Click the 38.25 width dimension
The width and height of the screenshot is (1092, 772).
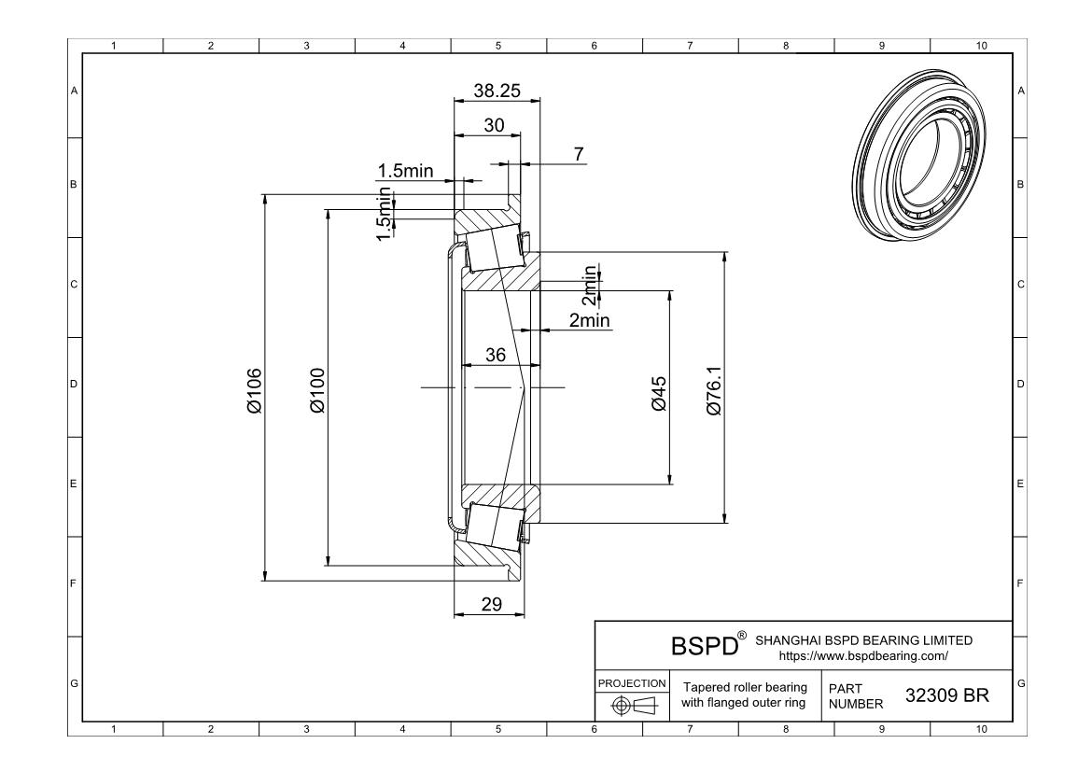coord(495,91)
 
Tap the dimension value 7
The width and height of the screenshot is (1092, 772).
coord(581,153)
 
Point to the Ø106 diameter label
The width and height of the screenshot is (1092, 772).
coord(255,390)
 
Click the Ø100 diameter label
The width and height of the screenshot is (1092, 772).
coord(317,390)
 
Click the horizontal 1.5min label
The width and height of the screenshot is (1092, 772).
coord(405,170)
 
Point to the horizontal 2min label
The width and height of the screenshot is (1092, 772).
coord(589,320)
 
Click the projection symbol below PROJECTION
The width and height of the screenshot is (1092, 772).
coord(631,707)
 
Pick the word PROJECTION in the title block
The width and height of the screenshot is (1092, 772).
coord(631,682)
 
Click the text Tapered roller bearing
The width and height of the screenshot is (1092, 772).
coord(745,687)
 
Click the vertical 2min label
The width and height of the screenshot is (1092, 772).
coord(590,285)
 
